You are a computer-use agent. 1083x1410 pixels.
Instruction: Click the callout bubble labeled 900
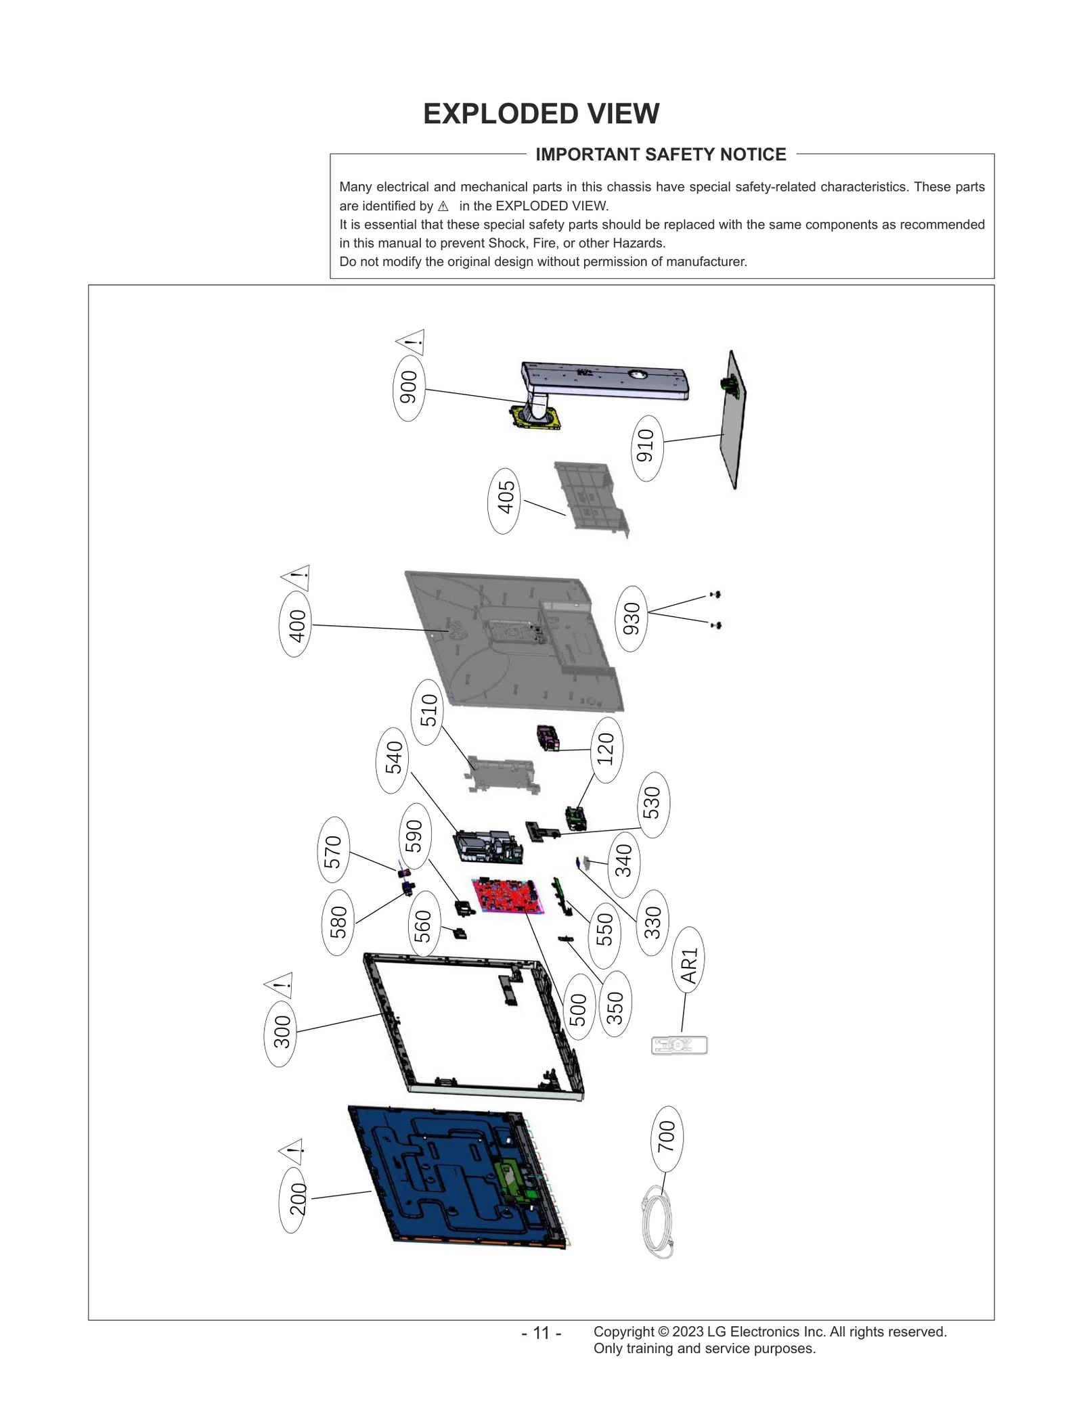pyautogui.click(x=409, y=387)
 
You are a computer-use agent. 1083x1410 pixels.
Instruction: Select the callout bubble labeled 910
pyautogui.click(x=646, y=447)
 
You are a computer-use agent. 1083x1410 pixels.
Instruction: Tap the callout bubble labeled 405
pyautogui.click(x=504, y=500)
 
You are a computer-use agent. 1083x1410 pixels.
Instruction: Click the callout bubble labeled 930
pyautogui.click(x=631, y=618)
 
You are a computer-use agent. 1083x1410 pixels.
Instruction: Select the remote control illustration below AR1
pyautogui.click(x=679, y=1045)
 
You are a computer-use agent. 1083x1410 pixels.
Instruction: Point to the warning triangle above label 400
pyautogui.click(x=296, y=578)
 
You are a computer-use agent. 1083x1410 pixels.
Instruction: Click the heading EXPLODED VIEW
pyautogui.click(x=541, y=114)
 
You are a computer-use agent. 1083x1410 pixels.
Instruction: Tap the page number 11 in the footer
pyautogui.click(x=541, y=1333)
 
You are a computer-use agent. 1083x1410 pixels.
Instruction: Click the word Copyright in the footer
pyautogui.click(x=623, y=1332)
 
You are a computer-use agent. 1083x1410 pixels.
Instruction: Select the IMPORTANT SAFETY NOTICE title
pyautogui.click(x=661, y=154)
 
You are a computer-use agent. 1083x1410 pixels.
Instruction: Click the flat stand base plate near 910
pyautogui.click(x=734, y=419)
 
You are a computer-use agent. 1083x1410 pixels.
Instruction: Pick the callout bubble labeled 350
pyautogui.click(x=614, y=1006)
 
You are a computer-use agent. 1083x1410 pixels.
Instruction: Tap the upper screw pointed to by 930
pyautogui.click(x=715, y=595)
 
